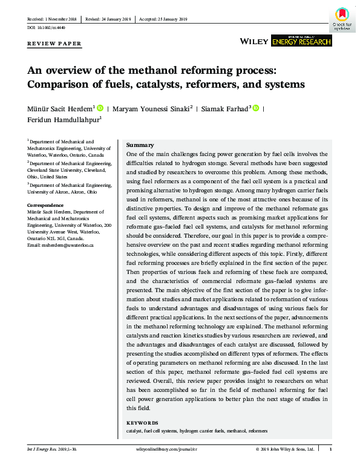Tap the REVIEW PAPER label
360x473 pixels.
[54, 44]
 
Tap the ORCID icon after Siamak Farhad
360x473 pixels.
[255, 108]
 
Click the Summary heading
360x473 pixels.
[140, 145]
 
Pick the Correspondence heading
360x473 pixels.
[46, 206]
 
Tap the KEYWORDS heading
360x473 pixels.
[143, 423]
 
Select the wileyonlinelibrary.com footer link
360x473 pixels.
[166, 450]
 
